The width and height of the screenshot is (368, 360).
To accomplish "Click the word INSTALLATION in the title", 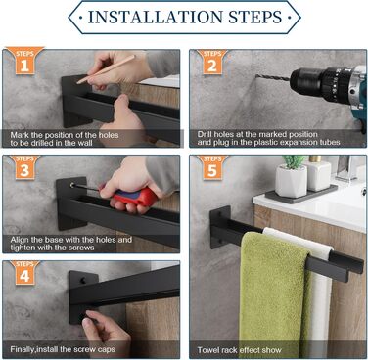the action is [x=156, y=17].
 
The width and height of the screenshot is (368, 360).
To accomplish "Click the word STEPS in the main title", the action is [x=254, y=17].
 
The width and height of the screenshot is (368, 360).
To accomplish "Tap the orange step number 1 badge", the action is [x=24, y=61].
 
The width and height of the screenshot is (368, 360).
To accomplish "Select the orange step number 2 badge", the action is [x=212, y=62].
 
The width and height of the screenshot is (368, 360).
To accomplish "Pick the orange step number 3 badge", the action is [x=24, y=166].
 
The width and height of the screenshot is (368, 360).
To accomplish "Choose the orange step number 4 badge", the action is [x=24, y=272].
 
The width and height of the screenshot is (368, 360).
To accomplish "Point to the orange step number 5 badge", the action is [x=212, y=166].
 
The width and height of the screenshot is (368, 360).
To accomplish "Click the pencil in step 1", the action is [x=106, y=69].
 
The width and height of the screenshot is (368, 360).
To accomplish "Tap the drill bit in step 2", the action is [x=273, y=77].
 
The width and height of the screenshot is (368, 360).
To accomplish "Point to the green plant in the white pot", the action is [x=293, y=161].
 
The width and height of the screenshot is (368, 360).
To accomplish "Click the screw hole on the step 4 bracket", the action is [x=83, y=280].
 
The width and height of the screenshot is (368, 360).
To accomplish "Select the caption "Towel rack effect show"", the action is [x=239, y=350].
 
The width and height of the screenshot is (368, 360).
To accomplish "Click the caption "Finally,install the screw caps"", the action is [x=63, y=349].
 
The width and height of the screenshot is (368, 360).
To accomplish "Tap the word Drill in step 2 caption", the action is [x=205, y=134].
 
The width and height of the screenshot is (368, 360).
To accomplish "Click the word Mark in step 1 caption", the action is [x=19, y=135].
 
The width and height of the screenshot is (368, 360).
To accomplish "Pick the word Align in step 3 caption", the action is [x=20, y=240].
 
